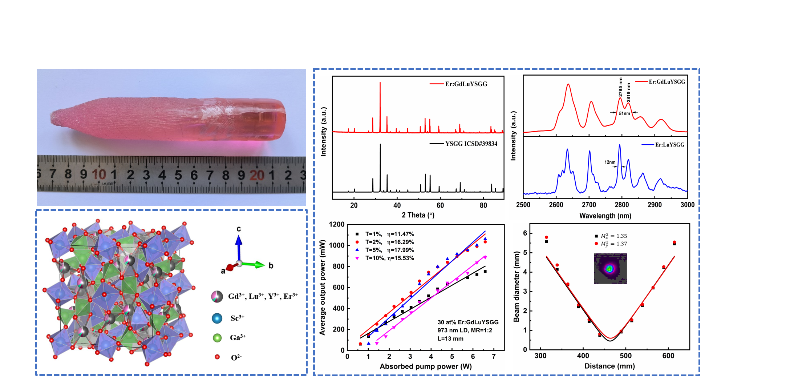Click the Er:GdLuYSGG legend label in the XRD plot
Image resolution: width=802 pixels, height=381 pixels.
[466, 84]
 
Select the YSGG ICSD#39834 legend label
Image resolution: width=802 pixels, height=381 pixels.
[471, 144]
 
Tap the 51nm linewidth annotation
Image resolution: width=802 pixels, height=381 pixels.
[624, 113]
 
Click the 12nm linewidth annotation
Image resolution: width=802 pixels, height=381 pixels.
[610, 162]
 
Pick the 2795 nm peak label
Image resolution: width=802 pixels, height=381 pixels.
[621, 87]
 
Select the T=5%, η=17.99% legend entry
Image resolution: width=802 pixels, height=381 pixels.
[389, 250]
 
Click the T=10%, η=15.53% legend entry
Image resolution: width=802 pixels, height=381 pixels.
[389, 258]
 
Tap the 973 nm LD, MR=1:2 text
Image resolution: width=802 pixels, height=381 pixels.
[465, 330]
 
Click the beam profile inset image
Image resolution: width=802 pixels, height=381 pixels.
[610, 269]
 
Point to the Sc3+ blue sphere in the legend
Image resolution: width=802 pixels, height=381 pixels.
[217, 318]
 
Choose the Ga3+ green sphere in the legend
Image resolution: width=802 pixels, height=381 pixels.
[217, 338]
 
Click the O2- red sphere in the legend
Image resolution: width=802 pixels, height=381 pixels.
[217, 357]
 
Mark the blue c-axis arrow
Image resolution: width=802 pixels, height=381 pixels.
[239, 247]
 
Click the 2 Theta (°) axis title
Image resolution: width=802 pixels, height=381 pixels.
[418, 215]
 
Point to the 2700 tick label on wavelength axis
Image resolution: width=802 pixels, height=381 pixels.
[589, 205]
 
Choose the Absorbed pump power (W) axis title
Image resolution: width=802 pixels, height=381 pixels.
[425, 366]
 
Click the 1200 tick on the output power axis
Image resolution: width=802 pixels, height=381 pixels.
[336, 225]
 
